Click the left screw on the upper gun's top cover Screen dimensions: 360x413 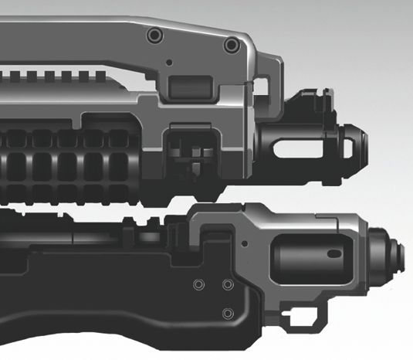[154, 36]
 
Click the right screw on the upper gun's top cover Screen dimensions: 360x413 [230, 46]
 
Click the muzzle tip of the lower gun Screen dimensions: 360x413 [401, 253]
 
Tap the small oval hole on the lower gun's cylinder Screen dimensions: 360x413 [334, 253]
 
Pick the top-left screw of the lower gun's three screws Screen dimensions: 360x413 [198, 285]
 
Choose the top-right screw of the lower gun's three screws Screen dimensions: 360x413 [228, 285]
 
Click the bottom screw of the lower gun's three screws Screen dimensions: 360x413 [228, 313]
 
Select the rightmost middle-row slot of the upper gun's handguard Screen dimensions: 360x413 [117, 166]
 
